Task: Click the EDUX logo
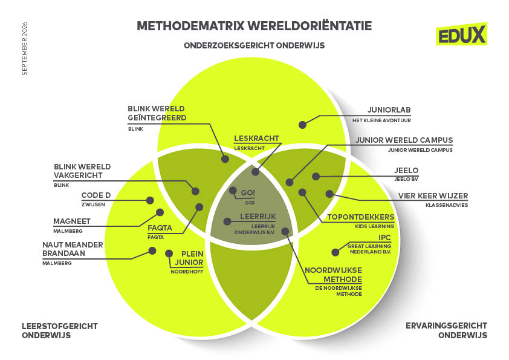tap(461, 34)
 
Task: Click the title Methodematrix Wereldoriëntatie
tap(254, 26)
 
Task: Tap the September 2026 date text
tap(25, 49)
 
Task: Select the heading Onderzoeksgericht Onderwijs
tap(254, 45)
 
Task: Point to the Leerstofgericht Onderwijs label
tap(60, 331)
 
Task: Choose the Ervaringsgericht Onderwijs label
tap(446, 330)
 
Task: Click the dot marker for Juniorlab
tap(302, 125)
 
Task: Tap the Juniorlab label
tap(389, 110)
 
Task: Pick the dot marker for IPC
tap(336, 252)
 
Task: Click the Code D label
tap(96, 195)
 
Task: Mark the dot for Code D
tap(150, 200)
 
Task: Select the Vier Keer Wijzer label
tap(433, 196)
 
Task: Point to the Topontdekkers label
tap(361, 217)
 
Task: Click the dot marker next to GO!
tap(233, 191)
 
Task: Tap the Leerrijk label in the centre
tap(258, 217)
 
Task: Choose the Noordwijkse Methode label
tap(333, 275)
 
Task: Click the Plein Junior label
tap(189, 258)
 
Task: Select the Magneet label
tap(72, 221)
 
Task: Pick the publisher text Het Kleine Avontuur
tap(382, 120)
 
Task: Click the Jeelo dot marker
tap(316, 177)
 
